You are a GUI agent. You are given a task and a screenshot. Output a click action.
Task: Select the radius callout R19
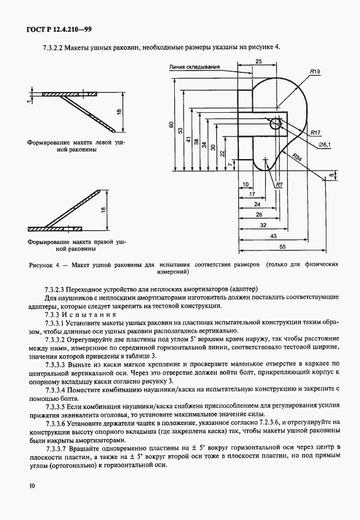click(x=315, y=71)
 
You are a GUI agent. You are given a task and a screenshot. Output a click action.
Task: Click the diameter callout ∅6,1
click(x=325, y=145)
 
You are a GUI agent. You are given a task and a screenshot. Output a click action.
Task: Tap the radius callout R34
click(x=296, y=157)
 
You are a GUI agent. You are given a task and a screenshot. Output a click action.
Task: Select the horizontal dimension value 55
click(x=284, y=246)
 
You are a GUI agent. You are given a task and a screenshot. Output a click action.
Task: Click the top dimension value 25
click(x=258, y=61)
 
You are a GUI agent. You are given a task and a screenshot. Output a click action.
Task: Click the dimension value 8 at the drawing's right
click(x=332, y=174)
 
